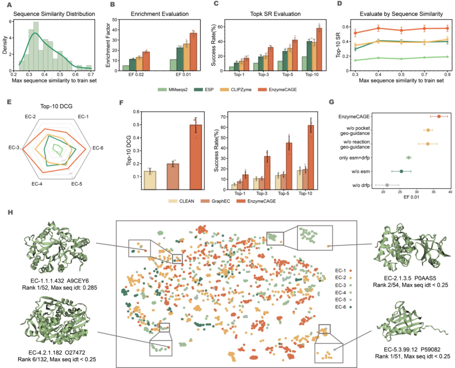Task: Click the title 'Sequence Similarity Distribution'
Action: click(54, 14)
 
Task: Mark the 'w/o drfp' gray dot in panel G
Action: click(387, 185)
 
